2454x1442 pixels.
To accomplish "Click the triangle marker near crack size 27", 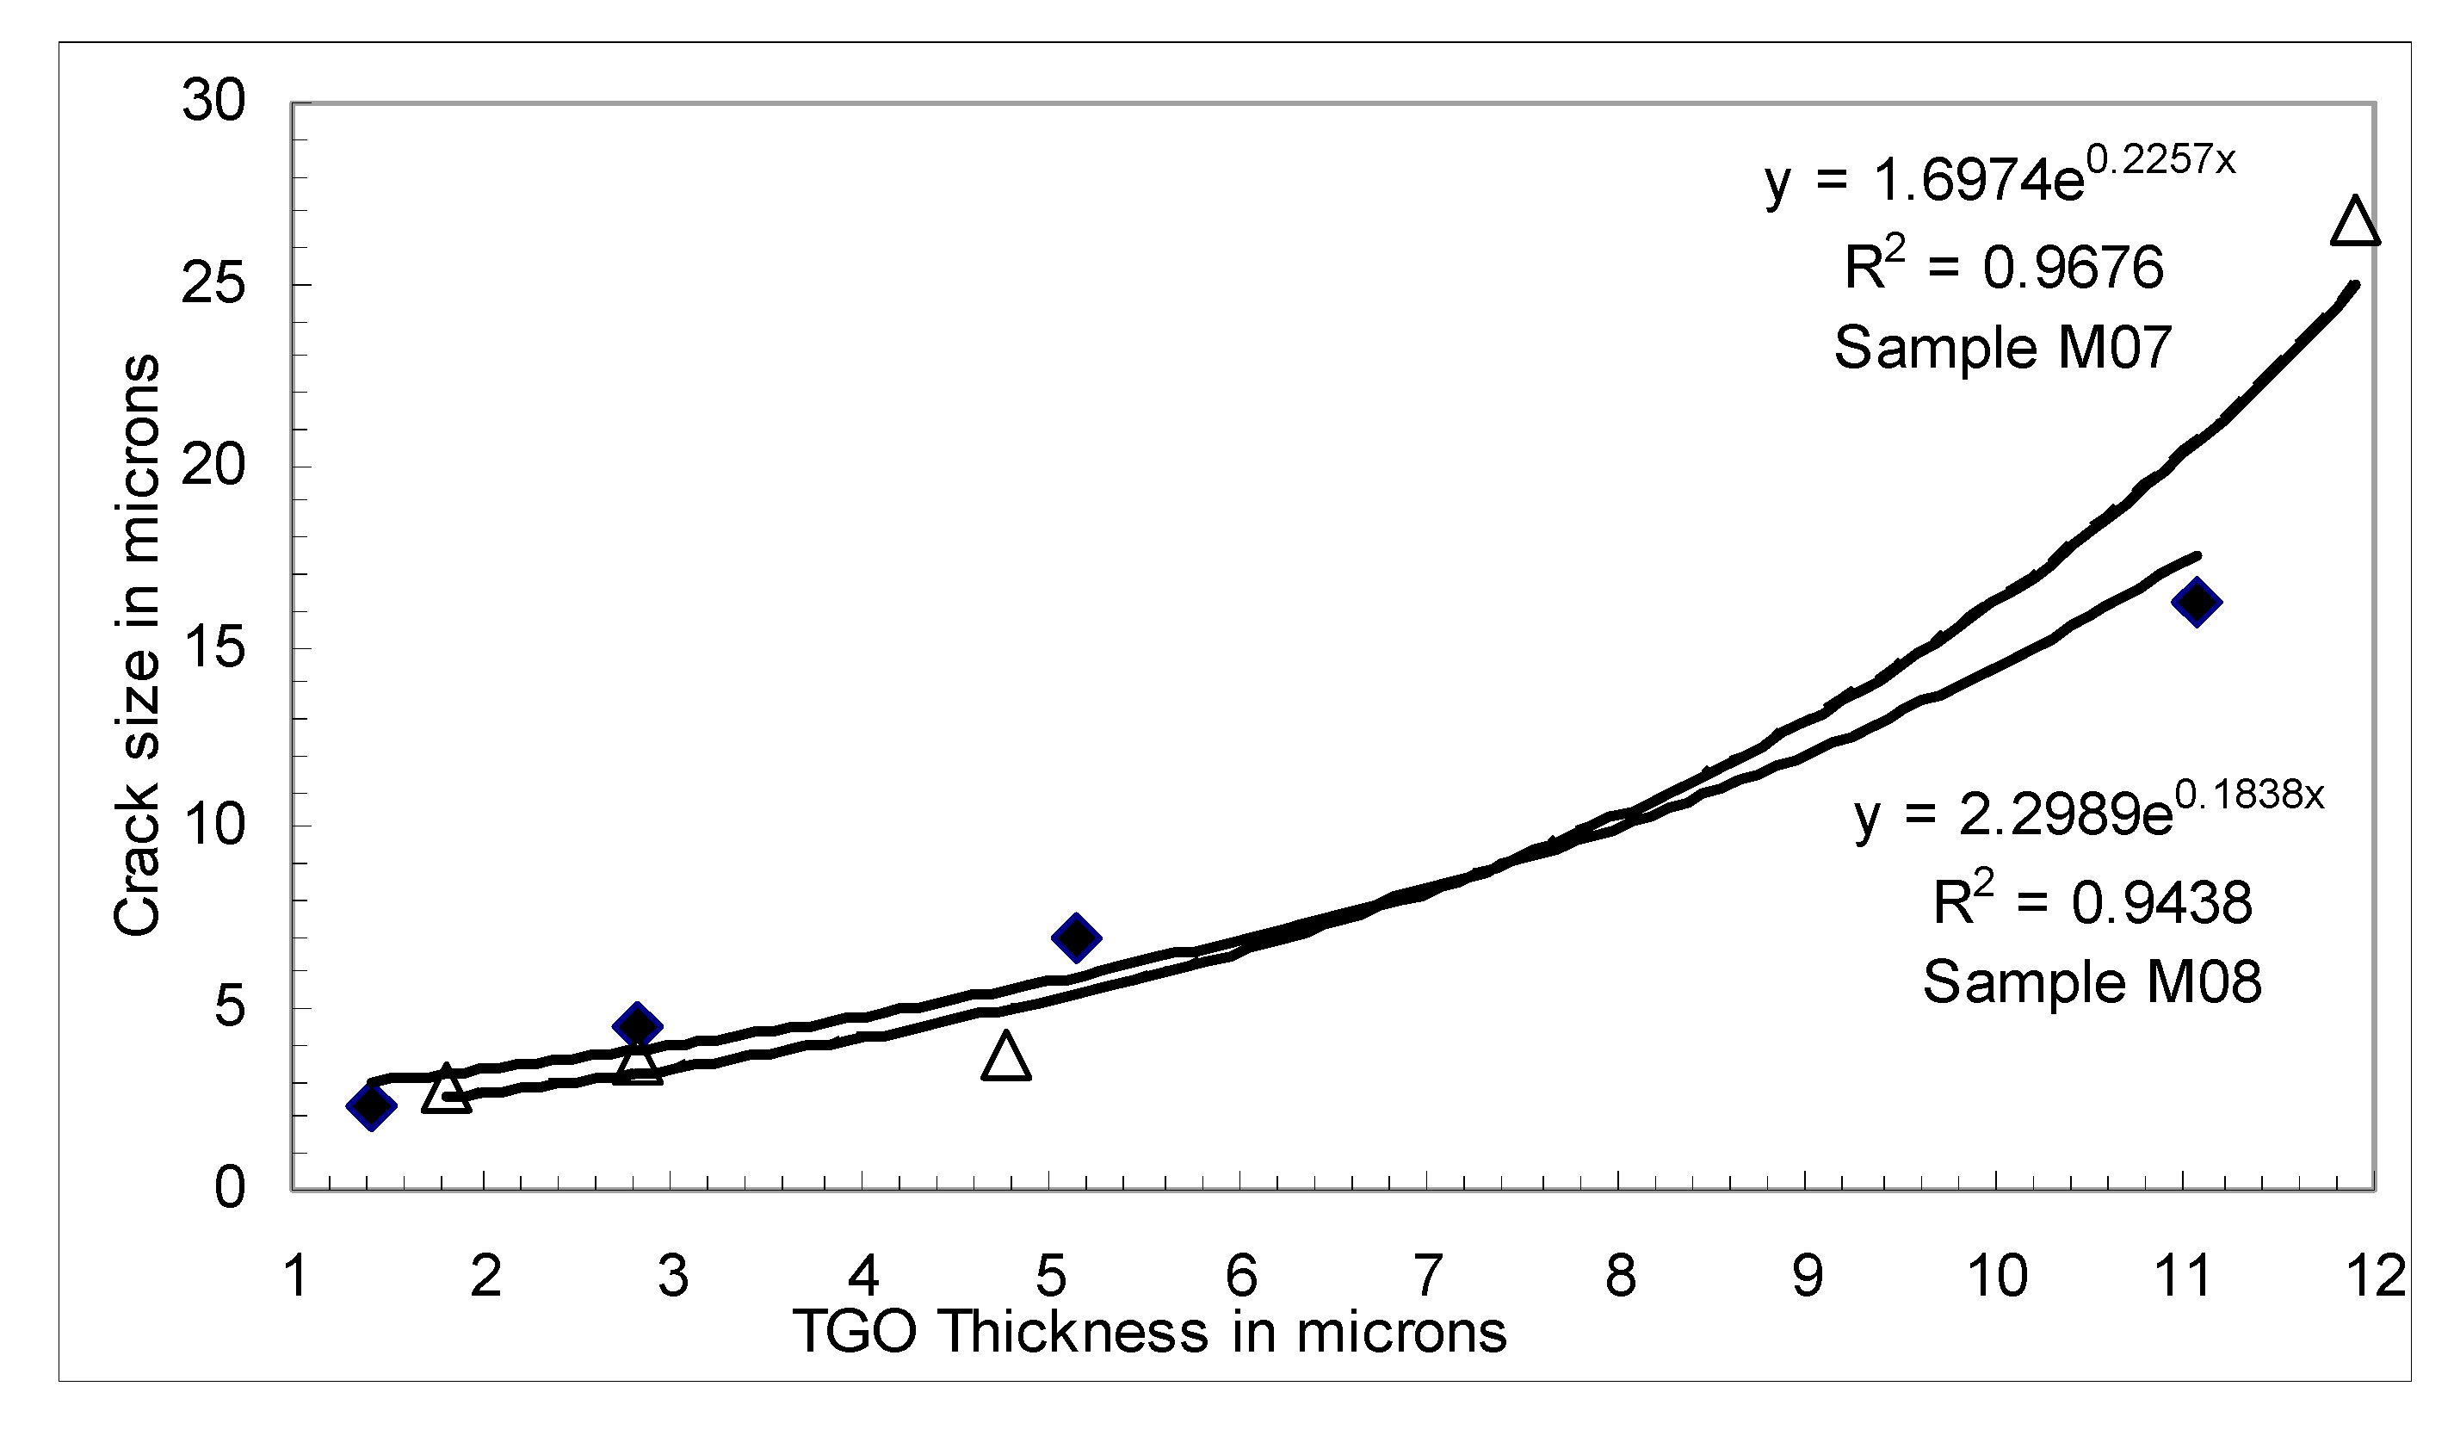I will point(2356,223).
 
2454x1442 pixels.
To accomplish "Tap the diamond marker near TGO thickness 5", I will point(1076,938).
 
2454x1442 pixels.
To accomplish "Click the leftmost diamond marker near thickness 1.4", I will point(371,1106).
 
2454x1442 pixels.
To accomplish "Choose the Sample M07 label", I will point(2003,348).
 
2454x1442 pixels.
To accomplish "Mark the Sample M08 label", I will point(2092,981).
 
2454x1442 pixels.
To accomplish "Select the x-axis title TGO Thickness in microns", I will point(1150,1331).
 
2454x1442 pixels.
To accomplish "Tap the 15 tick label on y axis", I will point(213,646).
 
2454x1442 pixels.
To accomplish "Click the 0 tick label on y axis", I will point(230,1188).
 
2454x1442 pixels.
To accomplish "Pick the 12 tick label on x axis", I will point(2376,1276).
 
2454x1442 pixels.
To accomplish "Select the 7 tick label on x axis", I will point(1428,1276).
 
